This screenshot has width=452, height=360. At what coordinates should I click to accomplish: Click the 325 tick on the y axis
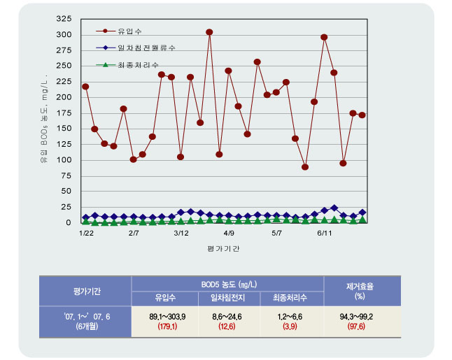pyautogui.click(x=63, y=18)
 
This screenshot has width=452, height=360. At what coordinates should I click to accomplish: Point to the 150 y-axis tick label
pyautogui.click(x=63, y=129)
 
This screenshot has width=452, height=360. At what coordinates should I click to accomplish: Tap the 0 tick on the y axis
pyautogui.click(x=68, y=223)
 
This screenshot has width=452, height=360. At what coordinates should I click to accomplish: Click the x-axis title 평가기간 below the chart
pyautogui.click(x=223, y=249)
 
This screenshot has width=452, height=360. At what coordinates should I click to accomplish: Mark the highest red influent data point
pyautogui.click(x=209, y=32)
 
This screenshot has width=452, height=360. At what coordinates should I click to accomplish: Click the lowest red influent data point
pyautogui.click(x=305, y=167)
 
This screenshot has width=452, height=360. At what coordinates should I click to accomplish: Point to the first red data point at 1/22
pyautogui.click(x=85, y=87)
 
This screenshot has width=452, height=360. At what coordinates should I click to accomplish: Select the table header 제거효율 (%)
pyautogui.click(x=360, y=291)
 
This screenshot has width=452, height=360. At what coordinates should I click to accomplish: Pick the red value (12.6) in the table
pyautogui.click(x=227, y=326)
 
